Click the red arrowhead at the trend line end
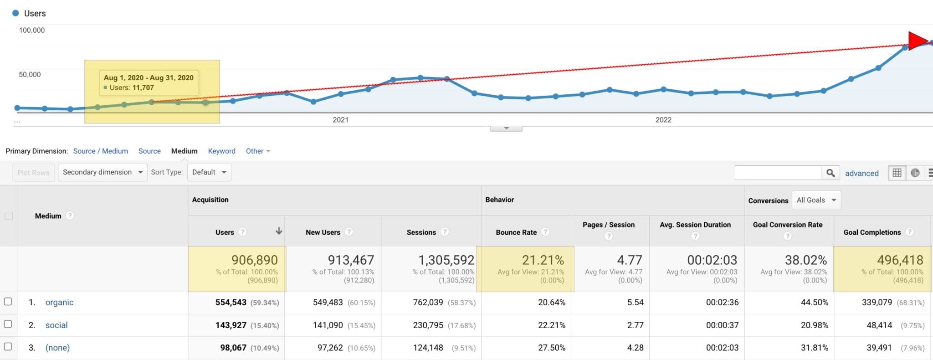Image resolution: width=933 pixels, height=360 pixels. pyautogui.click(x=917, y=41)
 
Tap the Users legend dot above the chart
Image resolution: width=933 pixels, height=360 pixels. pyautogui.click(x=15, y=13)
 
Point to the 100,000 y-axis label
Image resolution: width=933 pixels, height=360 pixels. pyautogui.click(x=31, y=30)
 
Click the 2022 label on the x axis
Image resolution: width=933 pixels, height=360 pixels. pyautogui.click(x=663, y=120)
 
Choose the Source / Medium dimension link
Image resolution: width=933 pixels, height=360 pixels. pyautogui.click(x=100, y=151)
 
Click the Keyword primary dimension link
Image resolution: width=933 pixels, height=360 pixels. pyautogui.click(x=221, y=151)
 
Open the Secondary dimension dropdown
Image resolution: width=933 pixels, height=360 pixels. pyautogui.click(x=103, y=172)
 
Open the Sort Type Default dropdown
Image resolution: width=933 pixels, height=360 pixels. pyautogui.click(x=209, y=172)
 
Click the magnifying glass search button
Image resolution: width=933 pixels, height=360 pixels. pyautogui.click(x=830, y=173)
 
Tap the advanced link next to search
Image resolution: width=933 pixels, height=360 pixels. pyautogui.click(x=861, y=173)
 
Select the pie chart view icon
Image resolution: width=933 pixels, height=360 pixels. pyautogui.click(x=915, y=173)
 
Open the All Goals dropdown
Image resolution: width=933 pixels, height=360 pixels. pyautogui.click(x=816, y=200)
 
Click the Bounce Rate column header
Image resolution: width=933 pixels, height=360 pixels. pyautogui.click(x=516, y=232)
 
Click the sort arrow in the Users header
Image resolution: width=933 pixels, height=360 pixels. pyautogui.click(x=279, y=231)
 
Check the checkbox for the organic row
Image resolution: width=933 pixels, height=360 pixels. pyautogui.click(x=8, y=302)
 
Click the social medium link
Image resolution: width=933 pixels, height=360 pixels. pyautogui.click(x=56, y=325)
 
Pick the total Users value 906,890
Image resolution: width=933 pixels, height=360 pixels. pyautogui.click(x=254, y=260)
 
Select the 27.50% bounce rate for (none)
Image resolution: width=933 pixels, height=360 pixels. pyautogui.click(x=551, y=348)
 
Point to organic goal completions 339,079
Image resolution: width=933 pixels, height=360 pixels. pyautogui.click(x=877, y=302)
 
